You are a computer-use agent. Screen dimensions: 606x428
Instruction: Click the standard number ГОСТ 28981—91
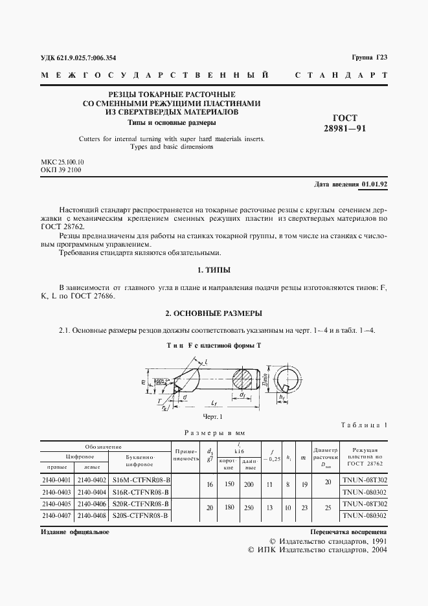tap(350, 123)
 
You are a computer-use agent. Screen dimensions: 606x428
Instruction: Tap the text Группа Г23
tap(369, 58)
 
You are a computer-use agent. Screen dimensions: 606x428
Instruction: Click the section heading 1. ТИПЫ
tap(214, 269)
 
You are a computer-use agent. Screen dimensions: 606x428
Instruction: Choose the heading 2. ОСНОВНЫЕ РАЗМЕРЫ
tap(214, 313)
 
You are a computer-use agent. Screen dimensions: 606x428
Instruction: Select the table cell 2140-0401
tap(57, 481)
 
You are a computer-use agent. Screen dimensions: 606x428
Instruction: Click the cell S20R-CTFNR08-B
tap(140, 503)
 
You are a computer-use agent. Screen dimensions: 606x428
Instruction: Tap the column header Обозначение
tap(104, 447)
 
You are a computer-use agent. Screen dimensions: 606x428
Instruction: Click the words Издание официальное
tap(74, 532)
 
